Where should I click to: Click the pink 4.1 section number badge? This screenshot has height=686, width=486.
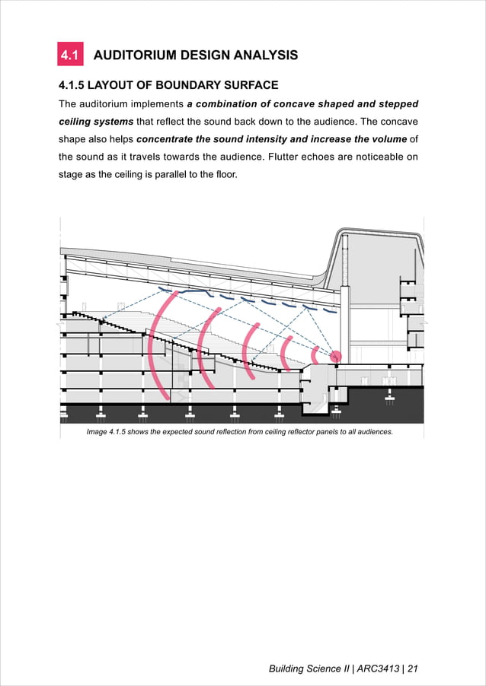[70, 56]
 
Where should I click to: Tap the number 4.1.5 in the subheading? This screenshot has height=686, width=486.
[75, 85]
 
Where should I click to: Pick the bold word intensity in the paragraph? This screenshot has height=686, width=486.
[289, 138]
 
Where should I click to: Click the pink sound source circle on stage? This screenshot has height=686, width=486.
[335, 356]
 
